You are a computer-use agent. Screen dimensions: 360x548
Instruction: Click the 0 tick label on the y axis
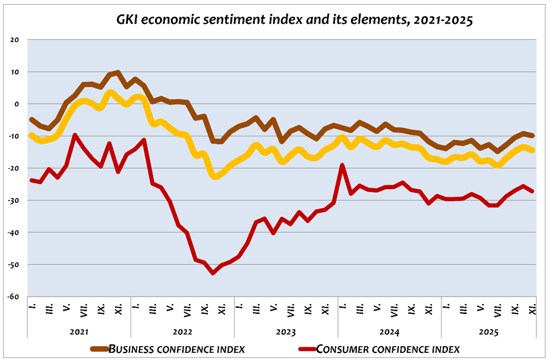point(16,104)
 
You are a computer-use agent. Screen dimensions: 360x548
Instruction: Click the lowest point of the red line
point(213,273)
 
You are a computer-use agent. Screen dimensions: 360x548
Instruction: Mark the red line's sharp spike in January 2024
point(342,165)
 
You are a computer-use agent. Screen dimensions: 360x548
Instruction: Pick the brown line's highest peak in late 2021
point(118,73)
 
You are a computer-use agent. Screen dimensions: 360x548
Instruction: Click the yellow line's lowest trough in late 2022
point(215,176)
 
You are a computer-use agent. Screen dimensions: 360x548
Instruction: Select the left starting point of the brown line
point(32,119)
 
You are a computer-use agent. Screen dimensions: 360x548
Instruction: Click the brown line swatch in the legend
point(99,349)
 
